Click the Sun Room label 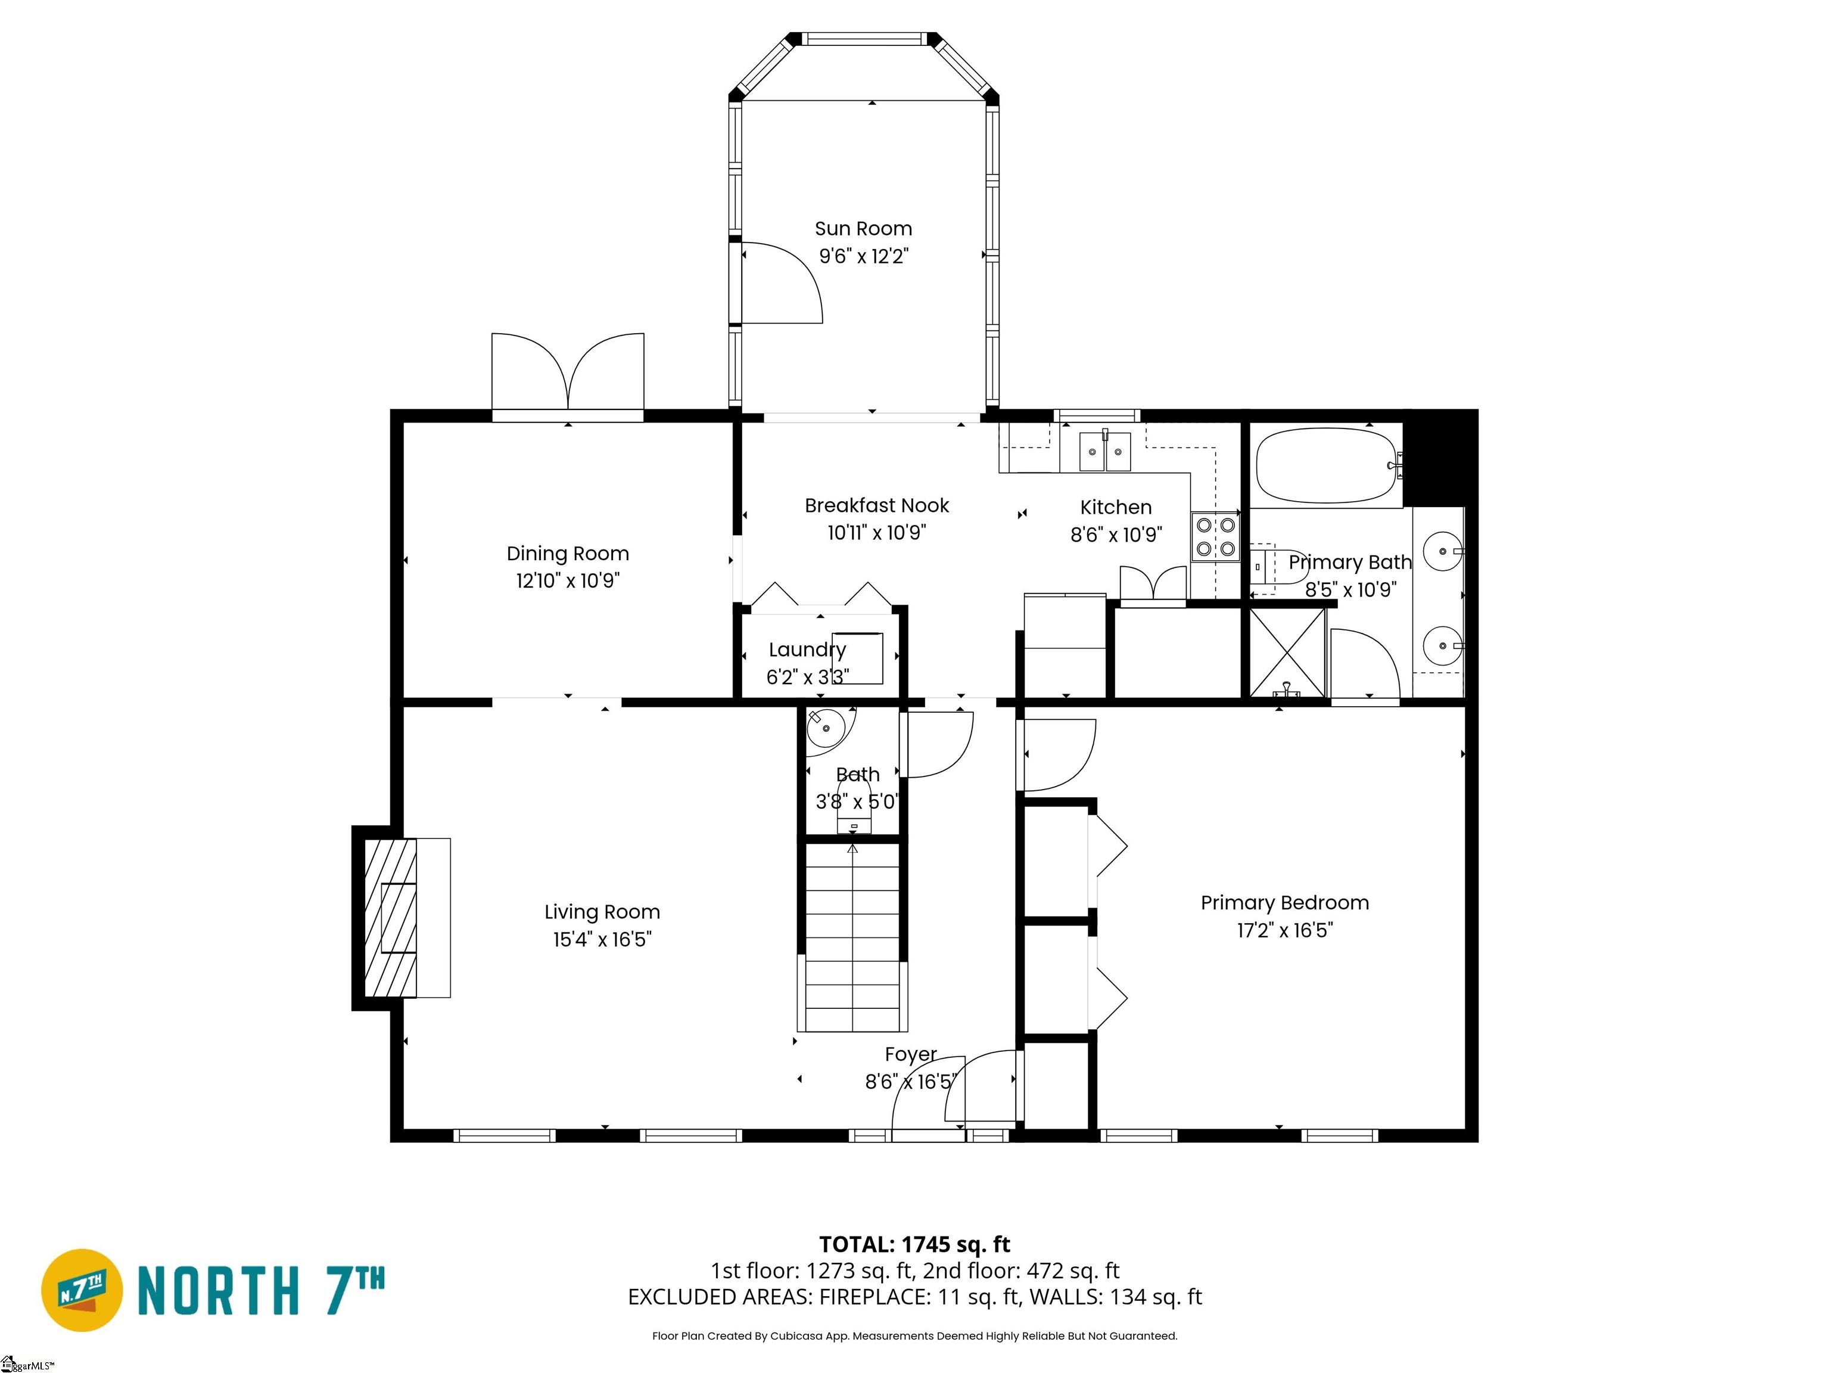pyautogui.click(x=863, y=228)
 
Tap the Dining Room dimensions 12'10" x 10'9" pyautogui.click(x=568, y=581)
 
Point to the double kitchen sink pyautogui.click(x=1104, y=452)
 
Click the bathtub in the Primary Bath pyautogui.click(x=1325, y=465)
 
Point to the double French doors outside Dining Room pyautogui.click(x=568, y=372)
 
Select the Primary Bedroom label pyautogui.click(x=1284, y=903)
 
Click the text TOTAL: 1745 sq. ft pyautogui.click(x=914, y=1244)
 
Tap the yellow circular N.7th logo pyautogui.click(x=82, y=1290)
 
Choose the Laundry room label pyautogui.click(x=807, y=650)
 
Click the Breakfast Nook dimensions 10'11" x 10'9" pyautogui.click(x=876, y=533)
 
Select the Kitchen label pyautogui.click(x=1115, y=507)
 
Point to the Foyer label pyautogui.click(x=910, y=1054)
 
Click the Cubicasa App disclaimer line pyautogui.click(x=914, y=1336)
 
